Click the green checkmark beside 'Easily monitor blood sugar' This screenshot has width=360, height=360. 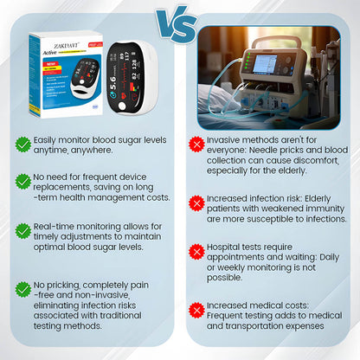(23, 144)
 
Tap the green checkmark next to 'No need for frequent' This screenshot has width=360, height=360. (23, 180)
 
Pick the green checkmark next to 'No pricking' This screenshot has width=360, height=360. (23, 287)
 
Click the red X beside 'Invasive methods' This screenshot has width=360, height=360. (196, 145)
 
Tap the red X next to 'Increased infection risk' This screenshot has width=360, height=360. (196, 202)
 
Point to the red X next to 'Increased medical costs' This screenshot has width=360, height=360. (196, 309)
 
